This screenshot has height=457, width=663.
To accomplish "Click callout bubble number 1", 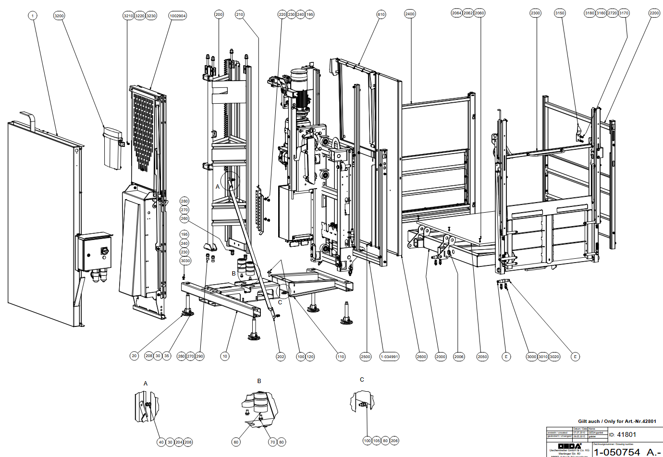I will (33, 16).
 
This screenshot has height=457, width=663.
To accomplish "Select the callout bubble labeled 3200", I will (59, 16).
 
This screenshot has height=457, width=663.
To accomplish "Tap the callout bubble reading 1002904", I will (177, 16).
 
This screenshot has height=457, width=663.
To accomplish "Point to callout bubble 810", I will (381, 14).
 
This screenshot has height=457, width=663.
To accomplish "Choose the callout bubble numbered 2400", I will (410, 14).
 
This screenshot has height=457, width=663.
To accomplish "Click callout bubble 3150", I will (560, 13).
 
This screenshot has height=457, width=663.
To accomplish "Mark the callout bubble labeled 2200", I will (654, 13).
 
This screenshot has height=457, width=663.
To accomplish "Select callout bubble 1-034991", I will (389, 357).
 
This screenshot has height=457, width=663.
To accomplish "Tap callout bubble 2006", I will (459, 357).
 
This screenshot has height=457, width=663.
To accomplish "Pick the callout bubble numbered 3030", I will (185, 261).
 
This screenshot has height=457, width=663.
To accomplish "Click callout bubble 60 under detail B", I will (236, 442).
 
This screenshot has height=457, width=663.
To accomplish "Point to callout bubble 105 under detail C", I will (376, 441).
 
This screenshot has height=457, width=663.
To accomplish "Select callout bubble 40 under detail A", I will (161, 442).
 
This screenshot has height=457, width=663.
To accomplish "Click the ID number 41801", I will (626, 434).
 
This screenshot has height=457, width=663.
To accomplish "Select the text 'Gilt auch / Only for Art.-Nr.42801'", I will (617, 421).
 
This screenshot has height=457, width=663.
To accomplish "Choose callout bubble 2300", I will (535, 13).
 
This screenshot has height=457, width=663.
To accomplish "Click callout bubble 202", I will (281, 357).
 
